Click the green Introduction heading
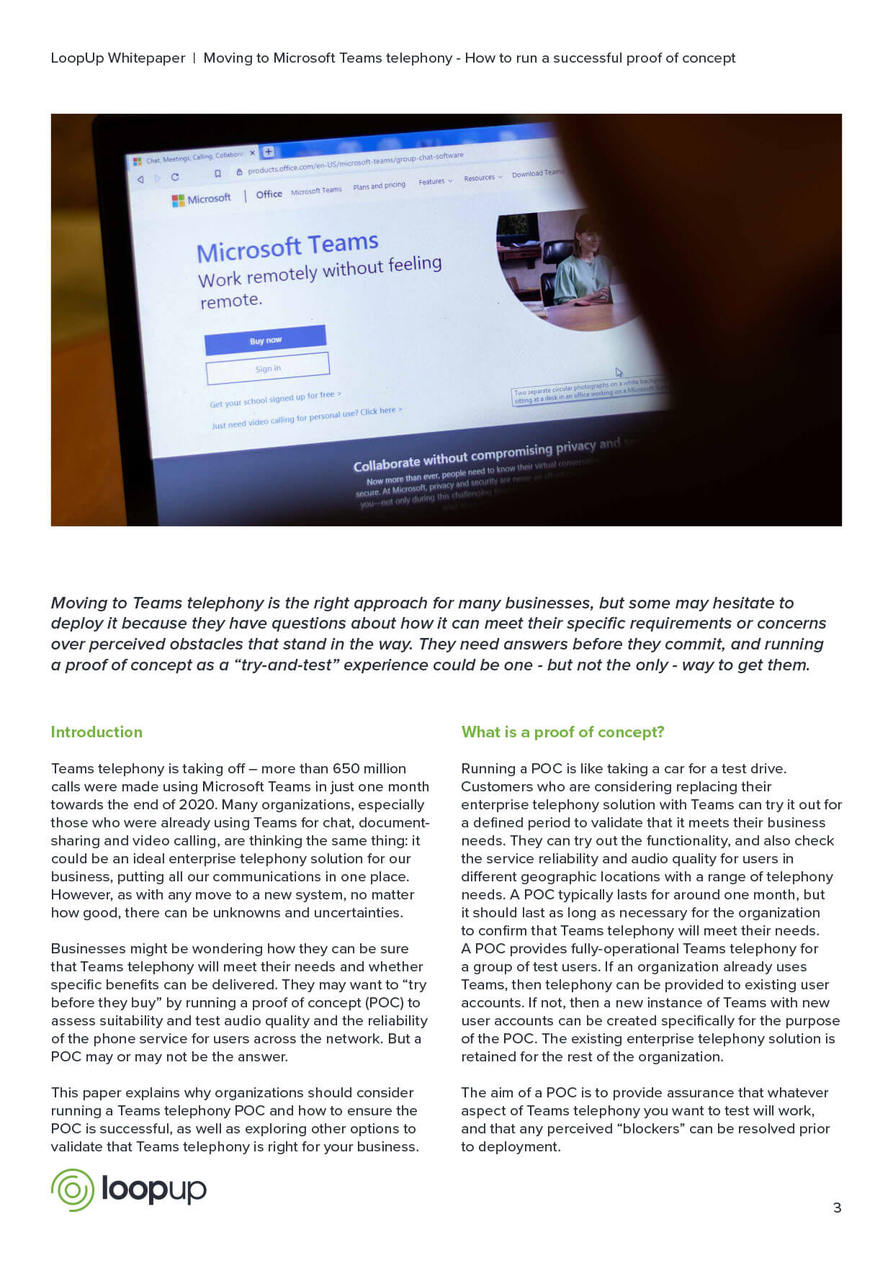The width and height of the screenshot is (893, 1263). coord(97,732)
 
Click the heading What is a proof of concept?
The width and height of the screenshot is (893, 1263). coord(562,732)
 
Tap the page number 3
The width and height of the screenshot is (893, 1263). coord(837,1208)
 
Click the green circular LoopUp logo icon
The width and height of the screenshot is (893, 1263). coord(73,1190)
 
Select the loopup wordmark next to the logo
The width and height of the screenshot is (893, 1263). coord(153,1189)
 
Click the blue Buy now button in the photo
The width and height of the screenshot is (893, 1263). coord(265,340)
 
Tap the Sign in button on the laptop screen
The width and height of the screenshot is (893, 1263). coord(268,369)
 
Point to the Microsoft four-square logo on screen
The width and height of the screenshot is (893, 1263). coord(178,201)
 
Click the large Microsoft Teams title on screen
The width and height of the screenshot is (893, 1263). coord(287,247)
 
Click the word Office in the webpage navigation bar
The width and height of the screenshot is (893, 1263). coord(269,194)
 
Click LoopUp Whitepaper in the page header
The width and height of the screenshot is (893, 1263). coord(117,58)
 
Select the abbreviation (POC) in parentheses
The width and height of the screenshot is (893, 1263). coord(385,1003)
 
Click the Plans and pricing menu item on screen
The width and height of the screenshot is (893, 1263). coord(379,186)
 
